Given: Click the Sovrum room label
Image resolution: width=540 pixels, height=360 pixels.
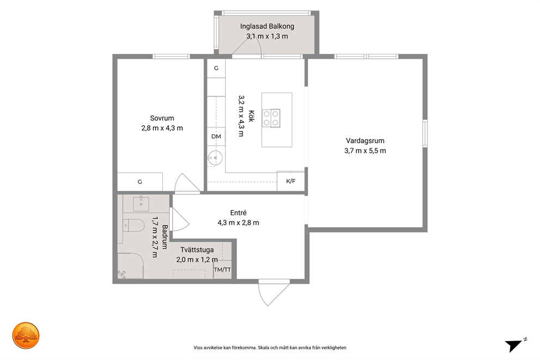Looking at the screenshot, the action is click(162, 118).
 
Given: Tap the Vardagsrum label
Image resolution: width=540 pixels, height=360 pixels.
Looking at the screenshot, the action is click(365, 141).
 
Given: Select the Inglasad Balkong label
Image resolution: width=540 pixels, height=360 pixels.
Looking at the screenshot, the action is click(267, 26).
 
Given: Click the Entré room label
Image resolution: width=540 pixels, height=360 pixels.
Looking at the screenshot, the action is click(238, 213).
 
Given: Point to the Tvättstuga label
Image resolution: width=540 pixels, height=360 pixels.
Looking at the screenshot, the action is click(197, 250).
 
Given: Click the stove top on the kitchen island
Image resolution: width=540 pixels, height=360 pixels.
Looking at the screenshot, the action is click(271, 118).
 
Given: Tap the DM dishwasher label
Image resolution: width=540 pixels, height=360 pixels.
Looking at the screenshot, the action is click(216, 136).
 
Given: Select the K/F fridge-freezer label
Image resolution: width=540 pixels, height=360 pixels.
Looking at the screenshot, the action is click(291, 181).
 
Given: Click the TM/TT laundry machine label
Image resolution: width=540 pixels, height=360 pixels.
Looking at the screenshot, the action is click(223, 270).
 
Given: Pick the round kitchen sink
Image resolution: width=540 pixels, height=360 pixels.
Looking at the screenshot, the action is click(215, 158).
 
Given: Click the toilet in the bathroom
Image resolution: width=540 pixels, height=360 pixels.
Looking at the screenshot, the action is click(133, 225).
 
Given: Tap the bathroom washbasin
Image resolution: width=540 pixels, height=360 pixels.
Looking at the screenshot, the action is click(141, 204).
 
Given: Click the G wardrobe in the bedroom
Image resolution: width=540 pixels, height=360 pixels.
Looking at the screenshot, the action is click(140, 182).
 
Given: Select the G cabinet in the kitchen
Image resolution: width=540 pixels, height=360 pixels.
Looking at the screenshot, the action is click(216, 68).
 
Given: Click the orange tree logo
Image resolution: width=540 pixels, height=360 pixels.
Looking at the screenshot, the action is click(26, 335).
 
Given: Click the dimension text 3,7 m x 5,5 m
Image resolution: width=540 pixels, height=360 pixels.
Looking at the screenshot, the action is click(365, 150).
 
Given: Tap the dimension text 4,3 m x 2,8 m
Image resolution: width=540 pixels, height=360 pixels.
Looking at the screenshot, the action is click(238, 223).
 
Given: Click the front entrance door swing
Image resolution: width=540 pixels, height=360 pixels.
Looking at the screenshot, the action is click(274, 293).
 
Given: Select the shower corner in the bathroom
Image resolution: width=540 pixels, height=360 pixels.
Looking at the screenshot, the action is click(131, 266).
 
